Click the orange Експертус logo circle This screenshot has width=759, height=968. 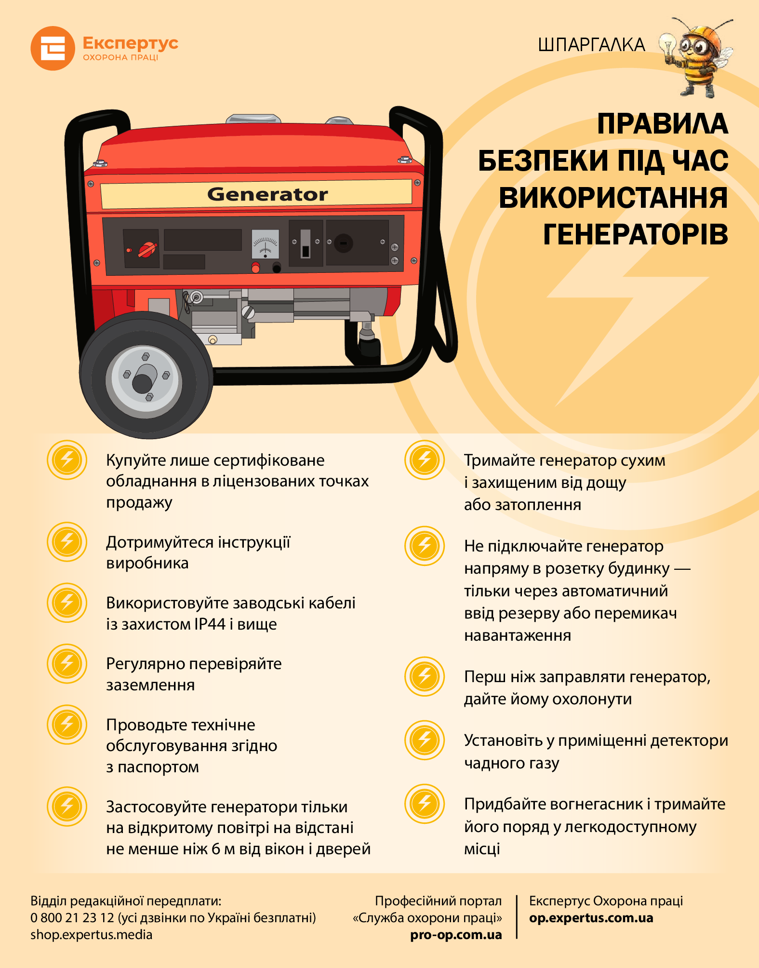(53, 48)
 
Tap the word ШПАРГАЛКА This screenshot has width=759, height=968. (591, 45)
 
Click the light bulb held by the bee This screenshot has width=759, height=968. (668, 46)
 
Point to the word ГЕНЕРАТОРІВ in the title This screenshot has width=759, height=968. (636, 234)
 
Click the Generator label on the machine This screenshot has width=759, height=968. (267, 194)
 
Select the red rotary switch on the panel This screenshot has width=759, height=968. (147, 249)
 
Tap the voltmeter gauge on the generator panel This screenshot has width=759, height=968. (266, 244)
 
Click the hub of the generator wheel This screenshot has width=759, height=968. (144, 378)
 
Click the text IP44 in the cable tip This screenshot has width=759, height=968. (210, 624)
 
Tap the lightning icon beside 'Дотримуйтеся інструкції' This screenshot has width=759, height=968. (67, 542)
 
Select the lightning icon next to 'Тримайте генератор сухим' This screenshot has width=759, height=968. (425, 460)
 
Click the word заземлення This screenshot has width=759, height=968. (150, 685)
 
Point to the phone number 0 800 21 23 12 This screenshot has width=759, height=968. (72, 917)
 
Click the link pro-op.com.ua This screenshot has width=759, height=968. (456, 935)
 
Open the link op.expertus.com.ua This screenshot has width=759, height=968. (591, 918)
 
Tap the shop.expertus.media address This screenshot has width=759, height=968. (92, 935)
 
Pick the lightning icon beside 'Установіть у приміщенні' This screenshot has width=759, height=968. (425, 740)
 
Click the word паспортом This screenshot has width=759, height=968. (158, 767)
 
